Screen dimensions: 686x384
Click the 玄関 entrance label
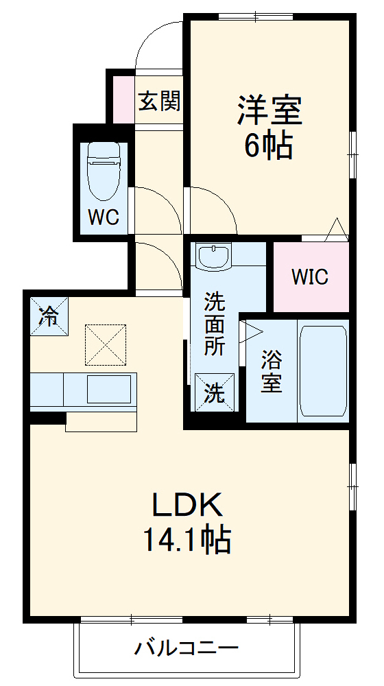point(159,102)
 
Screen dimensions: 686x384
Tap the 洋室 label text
point(269,110)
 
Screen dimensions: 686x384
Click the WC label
point(104,217)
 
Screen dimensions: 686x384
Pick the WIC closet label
point(310,277)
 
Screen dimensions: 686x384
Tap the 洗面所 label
point(215,323)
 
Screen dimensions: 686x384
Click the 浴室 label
point(272,371)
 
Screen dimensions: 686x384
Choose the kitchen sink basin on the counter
point(108,390)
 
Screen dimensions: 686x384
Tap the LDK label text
point(187,506)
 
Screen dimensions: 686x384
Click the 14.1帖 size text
point(187,541)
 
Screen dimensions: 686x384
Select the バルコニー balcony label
point(187,648)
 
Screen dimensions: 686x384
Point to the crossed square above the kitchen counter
point(106,344)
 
